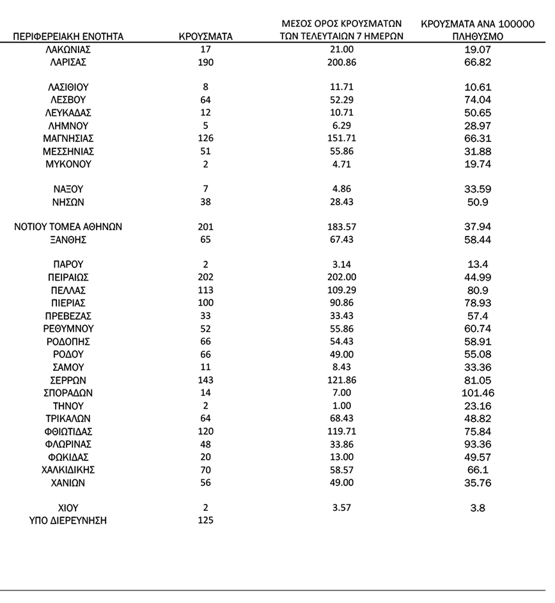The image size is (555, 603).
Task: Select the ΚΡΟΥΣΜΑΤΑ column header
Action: point(205,36)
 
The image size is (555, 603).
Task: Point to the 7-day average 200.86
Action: point(342,62)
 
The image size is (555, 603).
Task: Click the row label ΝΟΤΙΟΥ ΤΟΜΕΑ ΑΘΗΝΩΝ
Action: point(68,226)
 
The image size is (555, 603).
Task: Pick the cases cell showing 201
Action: point(205,226)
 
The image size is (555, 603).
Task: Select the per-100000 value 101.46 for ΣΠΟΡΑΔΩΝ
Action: point(478,393)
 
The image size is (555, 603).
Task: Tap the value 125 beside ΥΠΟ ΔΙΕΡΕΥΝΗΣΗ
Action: point(205,521)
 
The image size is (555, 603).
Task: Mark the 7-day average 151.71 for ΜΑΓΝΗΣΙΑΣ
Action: point(342,138)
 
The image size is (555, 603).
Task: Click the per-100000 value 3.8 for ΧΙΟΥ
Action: point(478,508)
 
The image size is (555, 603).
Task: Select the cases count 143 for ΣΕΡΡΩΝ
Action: point(205,380)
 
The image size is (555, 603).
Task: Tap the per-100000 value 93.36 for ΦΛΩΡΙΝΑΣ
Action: point(478,444)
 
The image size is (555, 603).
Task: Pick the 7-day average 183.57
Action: point(342,226)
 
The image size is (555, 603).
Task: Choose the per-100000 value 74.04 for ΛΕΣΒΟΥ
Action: point(478,100)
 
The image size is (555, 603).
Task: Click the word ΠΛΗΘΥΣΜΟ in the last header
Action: point(478,37)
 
